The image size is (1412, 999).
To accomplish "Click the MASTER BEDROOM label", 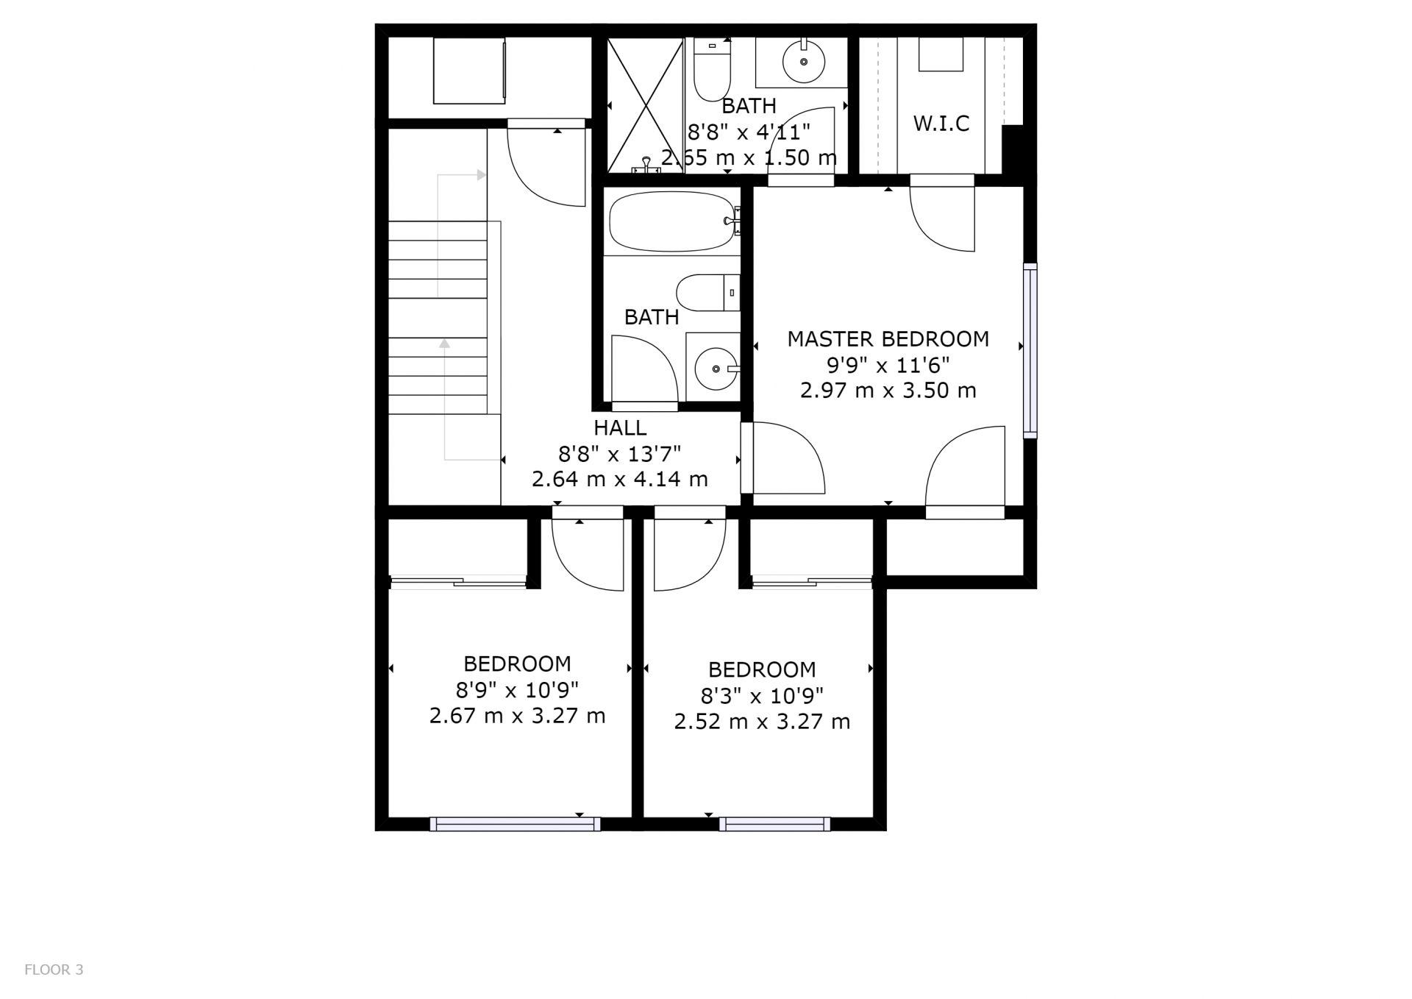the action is [888, 339].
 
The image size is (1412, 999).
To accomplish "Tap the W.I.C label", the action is [941, 124].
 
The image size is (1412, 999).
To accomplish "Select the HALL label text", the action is [620, 427].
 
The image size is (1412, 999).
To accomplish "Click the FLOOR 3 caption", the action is [54, 970].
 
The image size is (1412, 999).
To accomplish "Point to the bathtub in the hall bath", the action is [671, 221].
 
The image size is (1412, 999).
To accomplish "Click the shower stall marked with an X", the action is [645, 105].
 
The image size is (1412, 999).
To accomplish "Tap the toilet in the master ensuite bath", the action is [712, 70].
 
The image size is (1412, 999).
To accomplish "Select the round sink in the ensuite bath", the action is [804, 62].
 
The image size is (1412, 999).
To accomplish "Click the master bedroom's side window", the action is [1030, 351].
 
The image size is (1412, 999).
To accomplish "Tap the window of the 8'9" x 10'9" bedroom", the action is [515, 825].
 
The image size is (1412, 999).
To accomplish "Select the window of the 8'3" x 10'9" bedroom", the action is [774, 825].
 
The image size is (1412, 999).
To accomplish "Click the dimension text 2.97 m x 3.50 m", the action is [888, 391].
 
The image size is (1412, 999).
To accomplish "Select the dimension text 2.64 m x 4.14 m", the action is [620, 480].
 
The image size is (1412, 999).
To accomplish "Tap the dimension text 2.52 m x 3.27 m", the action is [762, 722].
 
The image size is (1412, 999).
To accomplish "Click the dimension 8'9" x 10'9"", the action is [517, 690].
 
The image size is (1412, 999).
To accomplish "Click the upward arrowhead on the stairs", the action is [444, 343].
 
